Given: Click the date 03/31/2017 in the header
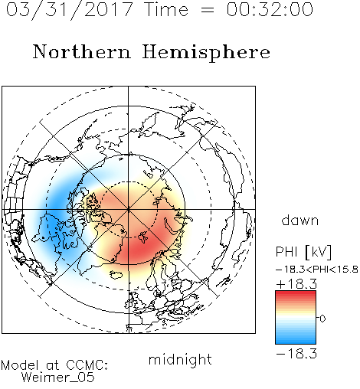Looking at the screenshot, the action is point(69,10).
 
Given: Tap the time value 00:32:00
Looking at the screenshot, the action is point(270,9).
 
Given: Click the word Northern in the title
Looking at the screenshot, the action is point(82,51).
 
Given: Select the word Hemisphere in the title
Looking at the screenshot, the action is point(206,53).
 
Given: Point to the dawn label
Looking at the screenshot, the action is point(300,220).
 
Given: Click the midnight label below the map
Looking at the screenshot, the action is point(180,359).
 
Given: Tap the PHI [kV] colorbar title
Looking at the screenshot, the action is point(303,252).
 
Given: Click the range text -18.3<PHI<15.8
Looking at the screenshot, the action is point(317,270).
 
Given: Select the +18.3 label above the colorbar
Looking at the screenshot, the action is point(296,284).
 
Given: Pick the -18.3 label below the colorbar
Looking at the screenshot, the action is point(296,354).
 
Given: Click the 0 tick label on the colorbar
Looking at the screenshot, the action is point(322,319).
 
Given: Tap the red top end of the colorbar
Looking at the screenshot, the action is point(296,293).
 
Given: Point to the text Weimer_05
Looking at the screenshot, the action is point(58,378).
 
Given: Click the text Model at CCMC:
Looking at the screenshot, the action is point(54,365).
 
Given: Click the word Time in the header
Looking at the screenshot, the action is point(166,9).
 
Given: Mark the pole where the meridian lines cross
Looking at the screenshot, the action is point(129,209).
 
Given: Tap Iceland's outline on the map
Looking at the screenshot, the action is point(116,275).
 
